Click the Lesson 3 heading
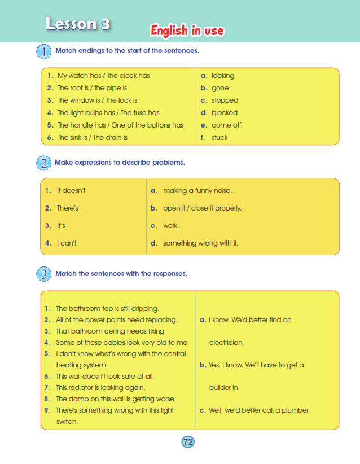coord(77,24)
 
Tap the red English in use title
coord(187,30)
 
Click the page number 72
coord(188,442)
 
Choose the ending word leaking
coord(222,76)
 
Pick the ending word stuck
coord(219,138)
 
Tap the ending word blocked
coord(224,113)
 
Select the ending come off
coord(226,125)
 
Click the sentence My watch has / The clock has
coord(103,76)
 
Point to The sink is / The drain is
coord(92,138)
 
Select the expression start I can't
coord(67,243)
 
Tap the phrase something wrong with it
coord(201,243)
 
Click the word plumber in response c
coord(296,410)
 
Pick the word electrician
coord(226,343)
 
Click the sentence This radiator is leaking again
coord(100,388)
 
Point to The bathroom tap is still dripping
coord(107,309)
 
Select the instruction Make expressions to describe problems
coord(120,163)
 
